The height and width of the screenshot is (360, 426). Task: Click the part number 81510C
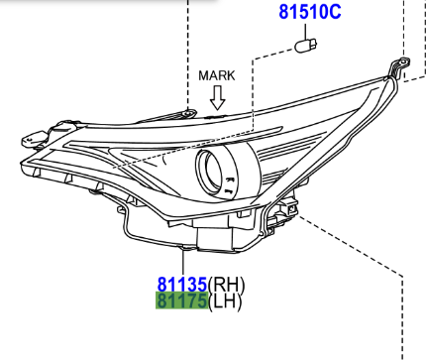tap(310, 12)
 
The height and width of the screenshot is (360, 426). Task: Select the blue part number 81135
tap(182, 285)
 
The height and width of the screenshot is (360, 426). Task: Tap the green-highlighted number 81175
tap(182, 300)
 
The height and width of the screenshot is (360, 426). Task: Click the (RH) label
tap(227, 285)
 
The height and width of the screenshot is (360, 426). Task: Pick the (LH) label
tap(225, 301)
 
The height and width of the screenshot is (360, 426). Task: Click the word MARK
tap(217, 75)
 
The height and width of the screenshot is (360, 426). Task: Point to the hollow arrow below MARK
tap(218, 97)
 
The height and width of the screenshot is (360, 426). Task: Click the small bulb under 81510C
tap(306, 46)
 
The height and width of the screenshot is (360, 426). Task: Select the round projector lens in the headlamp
tap(210, 171)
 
